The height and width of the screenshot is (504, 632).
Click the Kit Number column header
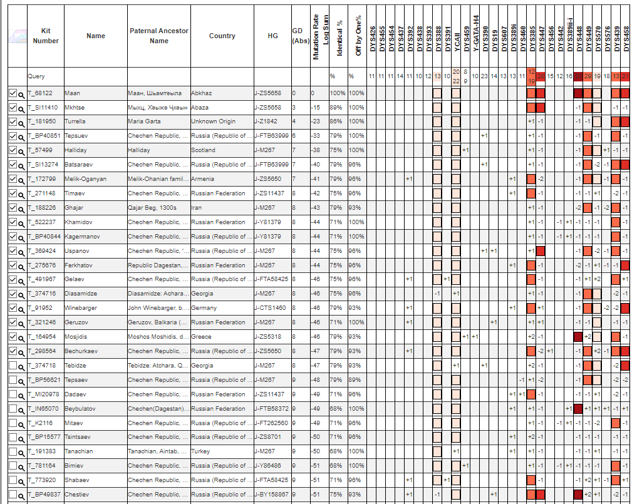pos(45,36)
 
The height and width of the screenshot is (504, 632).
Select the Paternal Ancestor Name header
pos(159,36)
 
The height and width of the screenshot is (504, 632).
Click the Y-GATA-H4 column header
pos(476,37)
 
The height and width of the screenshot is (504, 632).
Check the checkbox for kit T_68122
pos(13,93)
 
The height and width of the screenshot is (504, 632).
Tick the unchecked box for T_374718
pos(13,366)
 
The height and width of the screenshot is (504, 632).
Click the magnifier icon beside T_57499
pos(21,151)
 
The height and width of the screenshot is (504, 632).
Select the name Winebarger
pos(81,308)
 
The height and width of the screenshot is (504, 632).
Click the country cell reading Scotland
pos(203,150)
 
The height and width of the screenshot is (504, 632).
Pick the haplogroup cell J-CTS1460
pos(270,308)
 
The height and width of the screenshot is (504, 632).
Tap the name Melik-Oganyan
pos(85,179)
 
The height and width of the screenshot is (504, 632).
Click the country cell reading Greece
pos(200,337)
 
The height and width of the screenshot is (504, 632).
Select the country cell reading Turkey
pos(200,451)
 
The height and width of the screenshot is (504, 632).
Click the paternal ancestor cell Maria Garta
pos(143,121)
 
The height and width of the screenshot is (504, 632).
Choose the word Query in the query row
pos(36,76)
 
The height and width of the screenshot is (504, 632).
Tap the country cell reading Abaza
pos(200,108)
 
